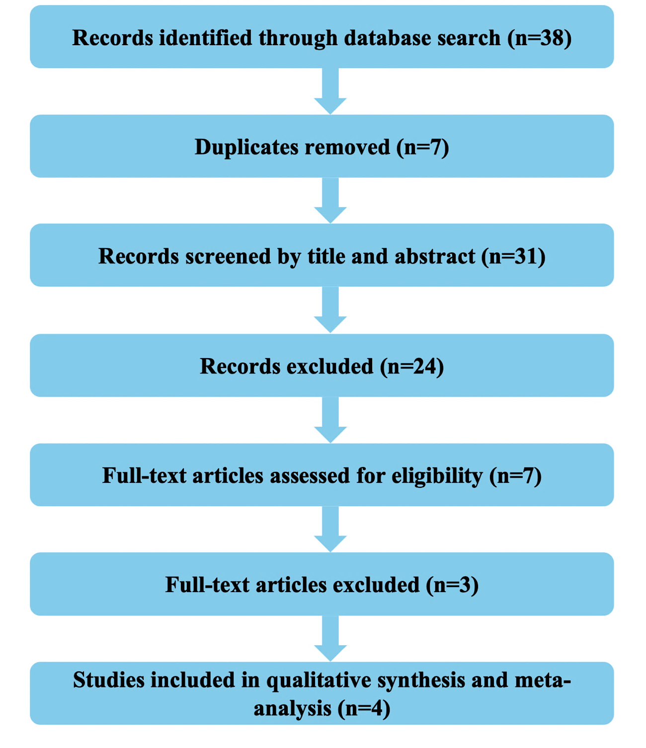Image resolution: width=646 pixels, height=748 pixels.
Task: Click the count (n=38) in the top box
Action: (x=539, y=38)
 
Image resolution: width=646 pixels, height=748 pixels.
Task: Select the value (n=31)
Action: (x=513, y=257)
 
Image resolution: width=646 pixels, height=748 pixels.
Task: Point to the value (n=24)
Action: (x=412, y=367)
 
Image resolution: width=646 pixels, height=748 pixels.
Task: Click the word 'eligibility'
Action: (x=437, y=476)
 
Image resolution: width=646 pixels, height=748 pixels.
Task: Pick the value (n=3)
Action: (x=452, y=585)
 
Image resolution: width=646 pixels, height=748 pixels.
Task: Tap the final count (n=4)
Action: (x=364, y=708)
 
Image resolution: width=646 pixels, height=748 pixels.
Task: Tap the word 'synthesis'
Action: (x=421, y=680)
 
